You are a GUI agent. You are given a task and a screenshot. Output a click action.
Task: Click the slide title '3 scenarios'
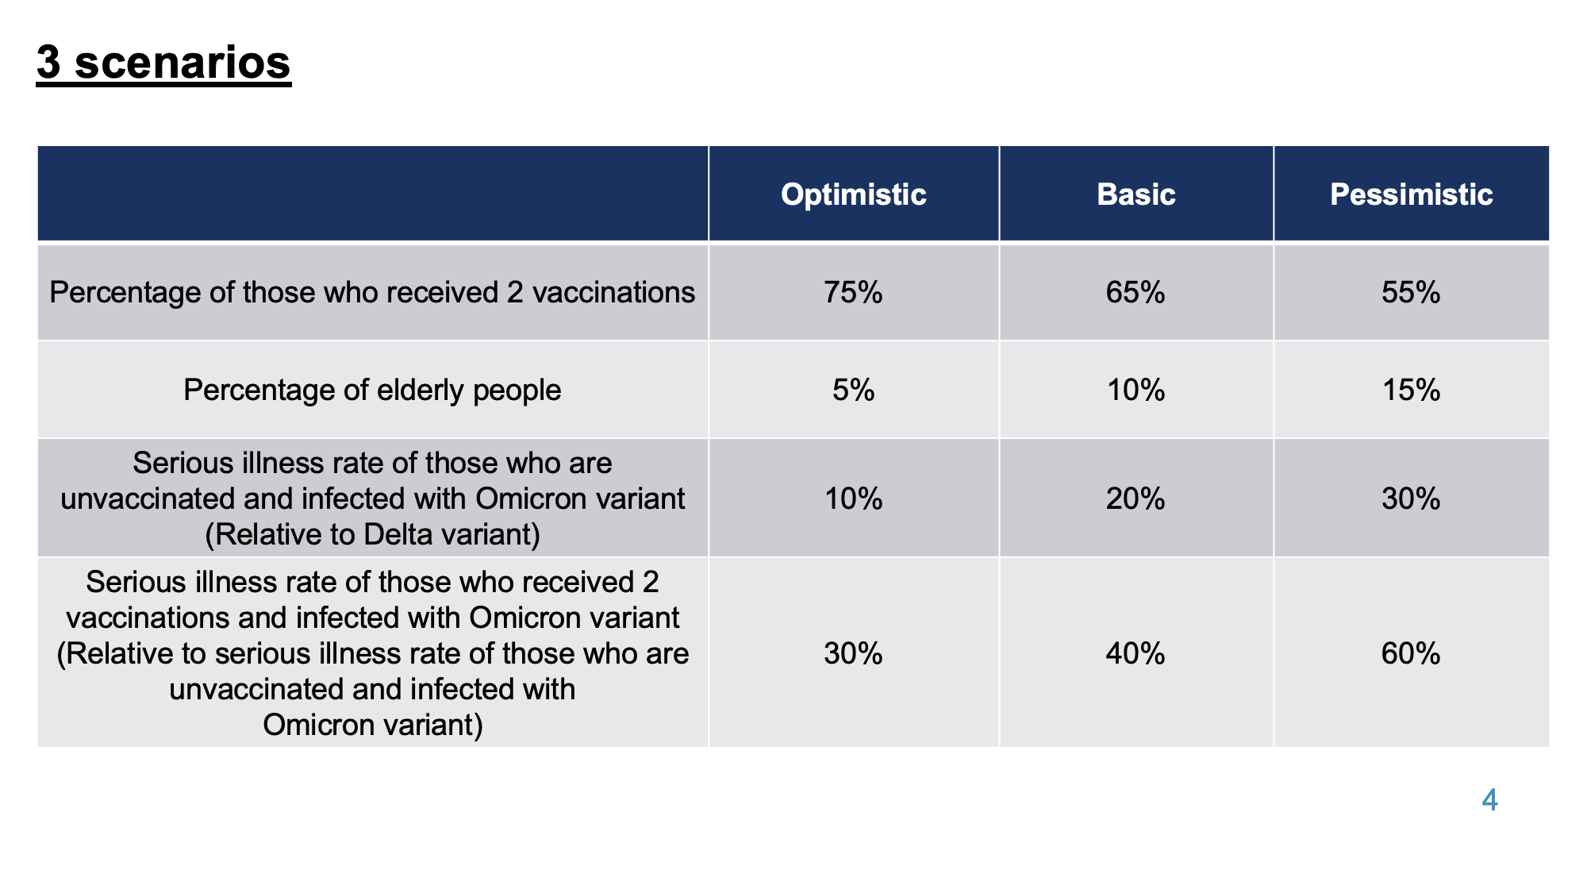(163, 62)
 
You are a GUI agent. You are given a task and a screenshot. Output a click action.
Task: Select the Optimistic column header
(853, 194)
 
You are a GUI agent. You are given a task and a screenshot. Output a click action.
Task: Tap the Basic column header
(1135, 194)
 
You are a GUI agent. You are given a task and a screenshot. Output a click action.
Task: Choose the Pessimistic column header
(1411, 194)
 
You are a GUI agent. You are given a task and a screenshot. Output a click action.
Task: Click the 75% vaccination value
(853, 293)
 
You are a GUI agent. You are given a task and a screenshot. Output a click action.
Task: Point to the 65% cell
(1135, 293)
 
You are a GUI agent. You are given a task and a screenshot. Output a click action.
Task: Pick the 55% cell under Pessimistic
(1411, 293)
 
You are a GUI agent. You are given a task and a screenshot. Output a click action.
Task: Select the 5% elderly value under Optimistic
(853, 390)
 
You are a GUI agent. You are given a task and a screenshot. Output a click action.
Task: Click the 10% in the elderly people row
(1135, 390)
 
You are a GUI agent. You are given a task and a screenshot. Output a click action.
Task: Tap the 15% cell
(1411, 390)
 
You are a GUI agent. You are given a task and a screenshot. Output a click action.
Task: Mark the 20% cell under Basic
(1135, 498)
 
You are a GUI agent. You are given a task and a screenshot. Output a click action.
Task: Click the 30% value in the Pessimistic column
(1411, 498)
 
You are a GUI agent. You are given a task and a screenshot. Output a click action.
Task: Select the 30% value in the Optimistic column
(853, 653)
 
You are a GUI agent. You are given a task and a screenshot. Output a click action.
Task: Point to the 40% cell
(1135, 653)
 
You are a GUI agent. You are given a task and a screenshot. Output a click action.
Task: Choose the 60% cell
(1411, 653)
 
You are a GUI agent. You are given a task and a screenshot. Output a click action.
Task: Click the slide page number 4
(1489, 800)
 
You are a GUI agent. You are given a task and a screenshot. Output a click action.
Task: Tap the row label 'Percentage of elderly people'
(372, 391)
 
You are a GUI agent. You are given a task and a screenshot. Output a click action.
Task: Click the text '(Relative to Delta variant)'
(372, 535)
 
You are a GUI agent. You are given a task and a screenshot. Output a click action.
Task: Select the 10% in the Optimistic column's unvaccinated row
(853, 498)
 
